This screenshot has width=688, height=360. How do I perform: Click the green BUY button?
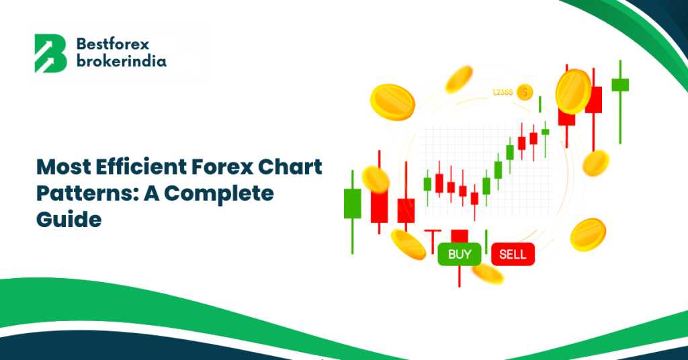click(460, 255)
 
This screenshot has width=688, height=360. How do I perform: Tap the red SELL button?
click(513, 255)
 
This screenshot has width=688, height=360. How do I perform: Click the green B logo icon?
click(50, 54)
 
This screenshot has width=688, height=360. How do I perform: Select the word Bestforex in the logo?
click(113, 44)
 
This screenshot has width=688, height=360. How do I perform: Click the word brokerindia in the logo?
click(122, 60)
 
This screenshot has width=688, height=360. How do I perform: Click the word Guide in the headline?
click(69, 219)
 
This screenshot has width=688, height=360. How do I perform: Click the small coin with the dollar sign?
click(525, 93)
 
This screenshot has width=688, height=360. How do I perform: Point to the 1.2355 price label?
click(503, 93)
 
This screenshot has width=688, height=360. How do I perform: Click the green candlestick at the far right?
click(620, 101)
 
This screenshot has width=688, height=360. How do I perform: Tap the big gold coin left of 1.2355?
click(392, 102)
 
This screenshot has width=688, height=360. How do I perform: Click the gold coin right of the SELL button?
click(588, 234)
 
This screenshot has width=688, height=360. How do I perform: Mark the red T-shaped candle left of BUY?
click(433, 241)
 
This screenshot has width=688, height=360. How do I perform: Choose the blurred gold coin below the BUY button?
click(488, 273)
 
